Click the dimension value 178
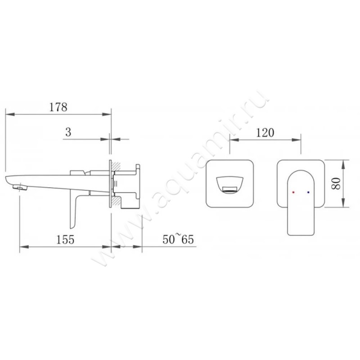58,107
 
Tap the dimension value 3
68,132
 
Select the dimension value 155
66,239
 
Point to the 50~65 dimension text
178,239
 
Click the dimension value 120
265,132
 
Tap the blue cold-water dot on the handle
308,192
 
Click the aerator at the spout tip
18,186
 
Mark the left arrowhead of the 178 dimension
9,114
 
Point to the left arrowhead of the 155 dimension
22,247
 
